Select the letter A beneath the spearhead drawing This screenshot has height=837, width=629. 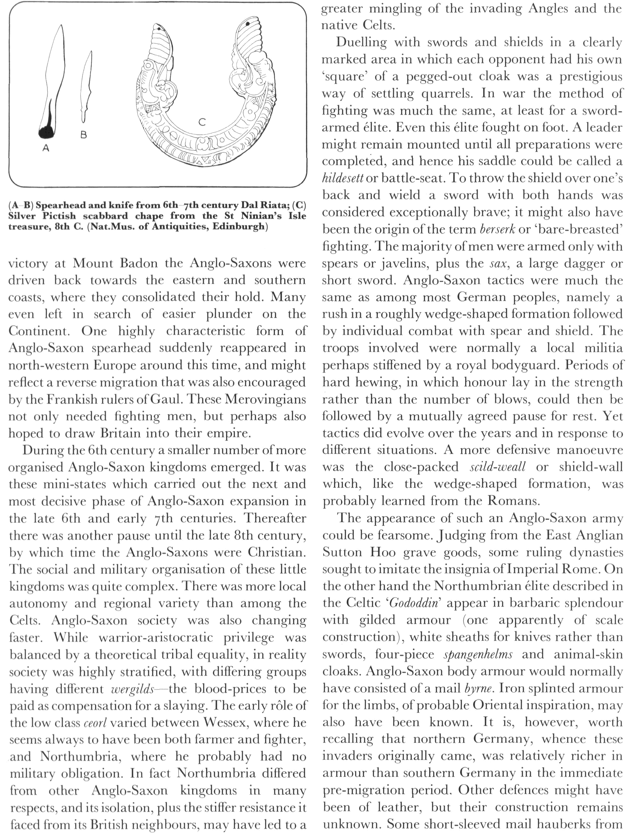(46, 149)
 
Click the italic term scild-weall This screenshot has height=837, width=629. (497, 467)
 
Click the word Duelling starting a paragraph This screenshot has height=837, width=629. (361, 42)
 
